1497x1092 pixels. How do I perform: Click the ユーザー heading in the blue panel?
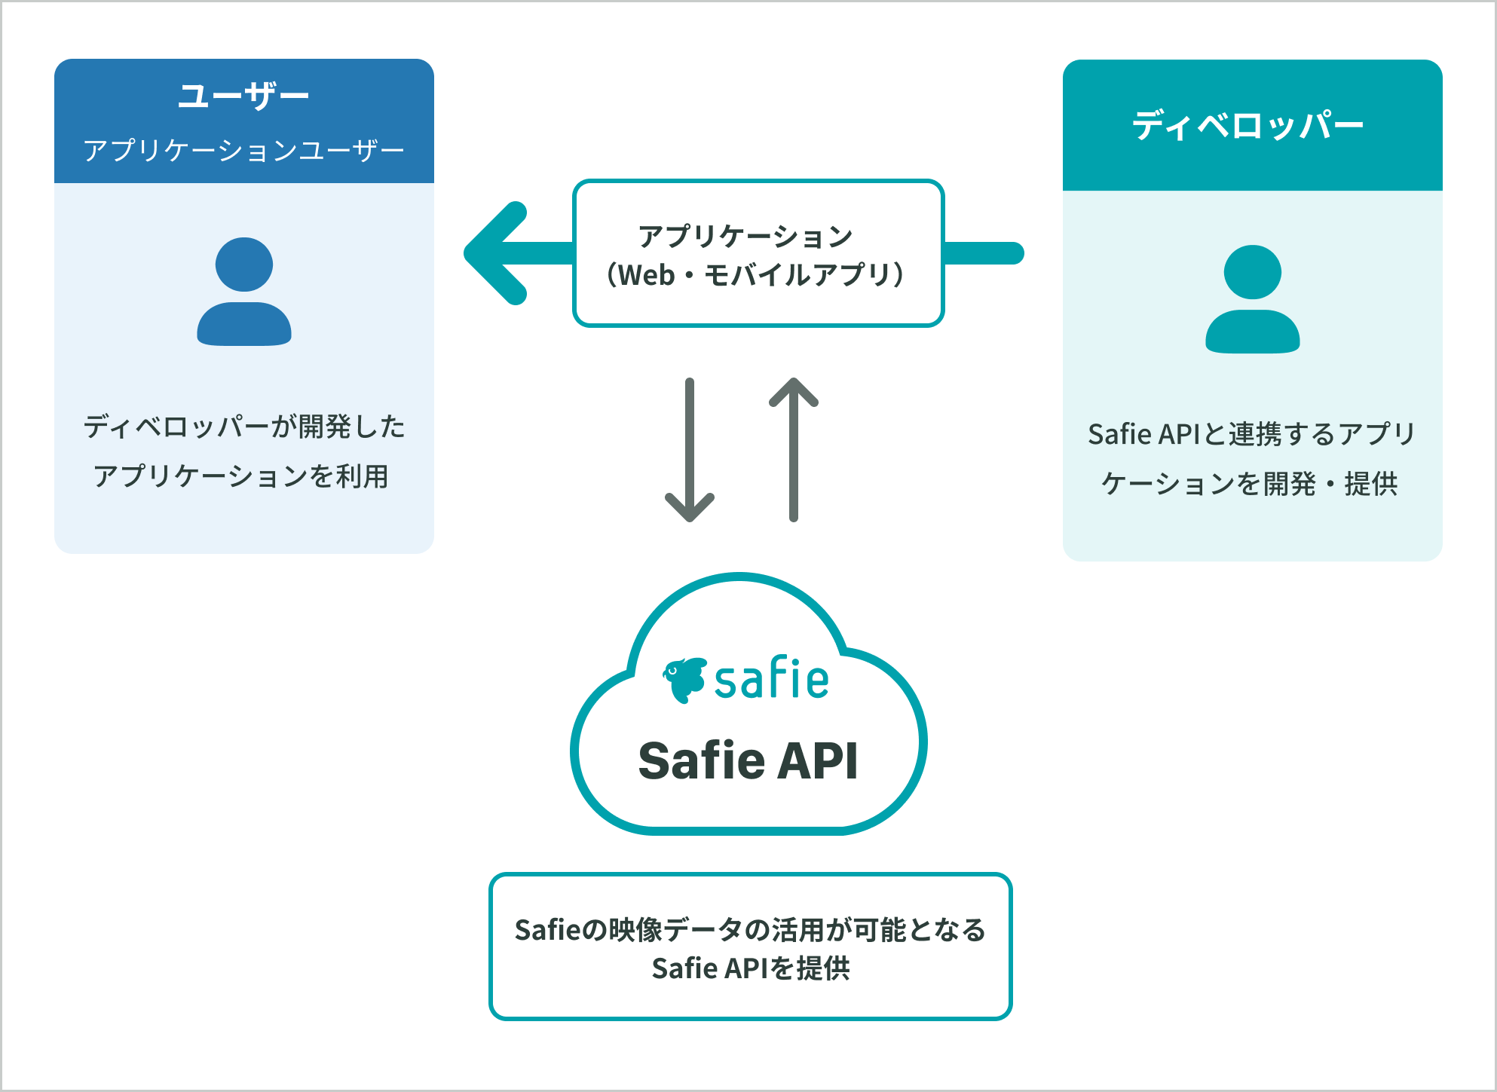243,96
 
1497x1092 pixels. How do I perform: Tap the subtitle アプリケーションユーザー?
243,150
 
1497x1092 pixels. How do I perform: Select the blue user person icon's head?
243,265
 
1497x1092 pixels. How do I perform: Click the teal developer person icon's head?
1252,272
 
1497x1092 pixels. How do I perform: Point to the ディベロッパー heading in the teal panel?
1247,125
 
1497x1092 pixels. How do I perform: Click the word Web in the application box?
646,275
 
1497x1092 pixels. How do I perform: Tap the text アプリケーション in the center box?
745,236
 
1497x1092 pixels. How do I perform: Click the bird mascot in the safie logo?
684,679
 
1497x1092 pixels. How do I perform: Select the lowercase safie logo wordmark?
771,679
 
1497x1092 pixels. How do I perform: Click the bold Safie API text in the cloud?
748,760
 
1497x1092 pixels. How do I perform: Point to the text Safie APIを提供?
751,968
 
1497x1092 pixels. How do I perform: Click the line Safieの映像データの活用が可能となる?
750,930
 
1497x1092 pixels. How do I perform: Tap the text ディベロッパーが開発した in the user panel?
243,427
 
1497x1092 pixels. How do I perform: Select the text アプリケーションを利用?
240,476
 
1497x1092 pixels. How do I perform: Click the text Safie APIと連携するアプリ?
1251,434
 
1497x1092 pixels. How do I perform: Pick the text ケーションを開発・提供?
1249,484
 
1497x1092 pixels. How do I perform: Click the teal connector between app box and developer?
983,253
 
